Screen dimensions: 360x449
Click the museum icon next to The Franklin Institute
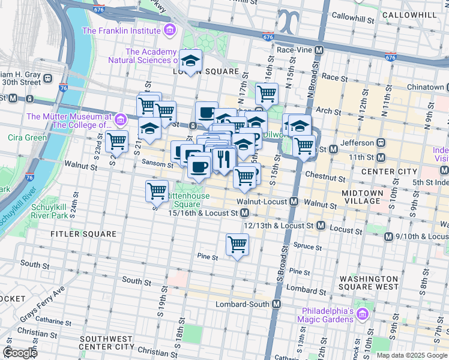click(x=170, y=30)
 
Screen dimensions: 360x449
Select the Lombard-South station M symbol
click(x=276, y=304)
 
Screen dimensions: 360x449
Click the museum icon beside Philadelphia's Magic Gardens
click(x=362, y=314)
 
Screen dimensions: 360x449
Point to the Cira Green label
click(x=28, y=137)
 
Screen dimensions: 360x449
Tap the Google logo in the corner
click(x=19, y=352)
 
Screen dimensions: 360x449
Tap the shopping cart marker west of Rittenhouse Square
click(x=157, y=191)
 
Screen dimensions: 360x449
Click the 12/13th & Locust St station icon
click(x=321, y=226)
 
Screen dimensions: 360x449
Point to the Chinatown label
click(x=425, y=87)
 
